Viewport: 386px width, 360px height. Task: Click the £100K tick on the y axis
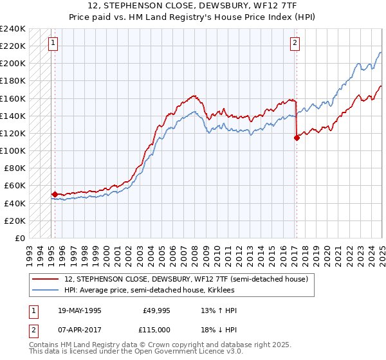point(12,150)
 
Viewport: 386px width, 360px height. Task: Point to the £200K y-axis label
point(12,64)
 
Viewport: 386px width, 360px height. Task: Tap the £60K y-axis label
point(15,186)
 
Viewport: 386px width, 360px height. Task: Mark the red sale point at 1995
point(55,194)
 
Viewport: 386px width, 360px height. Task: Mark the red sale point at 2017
point(297,137)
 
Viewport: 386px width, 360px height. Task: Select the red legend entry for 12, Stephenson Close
point(187,279)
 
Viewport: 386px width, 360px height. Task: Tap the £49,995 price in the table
point(156,310)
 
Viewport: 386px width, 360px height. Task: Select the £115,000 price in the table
point(156,329)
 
